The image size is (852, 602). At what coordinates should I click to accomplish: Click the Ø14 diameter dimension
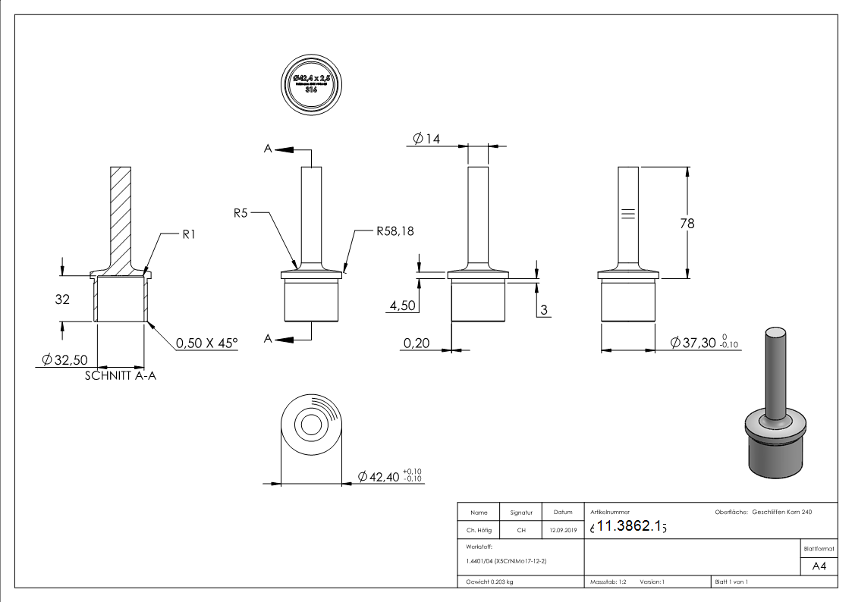coord(427,138)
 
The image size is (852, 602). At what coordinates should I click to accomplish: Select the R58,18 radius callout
coord(396,231)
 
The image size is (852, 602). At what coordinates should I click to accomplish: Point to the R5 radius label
coord(241,214)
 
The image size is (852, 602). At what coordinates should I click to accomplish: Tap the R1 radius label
coord(190,235)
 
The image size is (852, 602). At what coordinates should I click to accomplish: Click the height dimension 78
coord(687,224)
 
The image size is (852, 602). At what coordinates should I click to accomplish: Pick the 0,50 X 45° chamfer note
coord(207,343)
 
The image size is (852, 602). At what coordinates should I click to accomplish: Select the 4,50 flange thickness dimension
coord(402,306)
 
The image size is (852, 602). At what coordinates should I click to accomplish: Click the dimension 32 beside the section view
coord(62,299)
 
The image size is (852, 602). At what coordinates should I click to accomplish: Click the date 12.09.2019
coord(562,530)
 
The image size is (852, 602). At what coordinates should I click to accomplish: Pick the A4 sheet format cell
coord(819,566)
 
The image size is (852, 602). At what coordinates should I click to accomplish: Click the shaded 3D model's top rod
coord(775,372)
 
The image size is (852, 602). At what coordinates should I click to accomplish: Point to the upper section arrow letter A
coord(267,150)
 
